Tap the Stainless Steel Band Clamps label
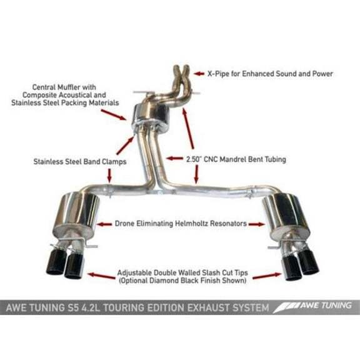[x=81, y=162]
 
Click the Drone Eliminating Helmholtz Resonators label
[x=181, y=222]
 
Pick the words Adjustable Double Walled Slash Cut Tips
[x=181, y=273]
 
